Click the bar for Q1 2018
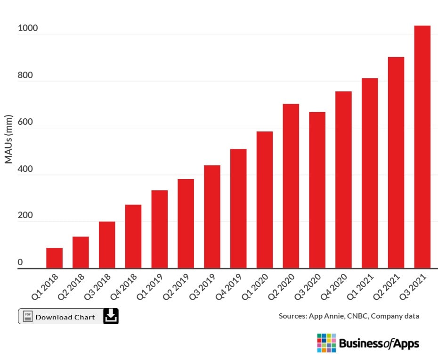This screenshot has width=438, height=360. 54,258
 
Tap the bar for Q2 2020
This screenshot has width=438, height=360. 291,186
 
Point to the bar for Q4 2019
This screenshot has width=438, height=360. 238,209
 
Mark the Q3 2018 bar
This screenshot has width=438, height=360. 107,245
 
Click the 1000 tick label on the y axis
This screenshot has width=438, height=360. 27,29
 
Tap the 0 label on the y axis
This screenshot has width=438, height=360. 20,262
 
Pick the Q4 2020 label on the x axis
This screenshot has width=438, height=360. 339,287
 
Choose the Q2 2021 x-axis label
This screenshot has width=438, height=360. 392,287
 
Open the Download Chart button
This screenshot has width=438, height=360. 65,317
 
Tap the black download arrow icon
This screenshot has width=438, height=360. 111,316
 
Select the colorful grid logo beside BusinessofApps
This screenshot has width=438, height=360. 326,343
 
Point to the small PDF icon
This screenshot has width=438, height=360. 28,316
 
